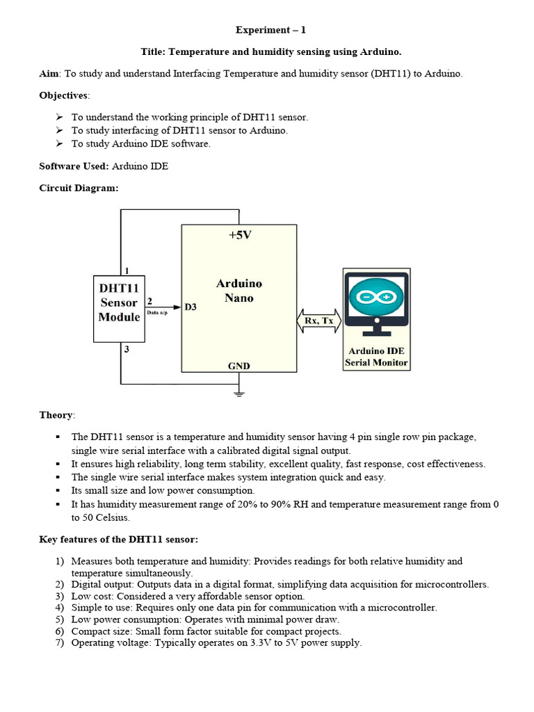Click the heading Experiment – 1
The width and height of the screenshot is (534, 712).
270,30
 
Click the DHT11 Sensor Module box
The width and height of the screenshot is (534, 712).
119,302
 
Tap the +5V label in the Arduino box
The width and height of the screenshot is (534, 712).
239,235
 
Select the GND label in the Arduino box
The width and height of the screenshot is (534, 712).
239,366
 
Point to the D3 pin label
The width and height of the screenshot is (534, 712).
190,307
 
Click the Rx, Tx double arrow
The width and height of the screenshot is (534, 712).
319,321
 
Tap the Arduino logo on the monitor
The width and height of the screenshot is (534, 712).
375,297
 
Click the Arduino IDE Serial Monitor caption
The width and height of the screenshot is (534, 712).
376,357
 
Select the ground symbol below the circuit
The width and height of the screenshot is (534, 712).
239,393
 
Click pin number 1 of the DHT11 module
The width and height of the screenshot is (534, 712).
127,270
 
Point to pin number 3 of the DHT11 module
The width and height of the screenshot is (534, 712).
127,350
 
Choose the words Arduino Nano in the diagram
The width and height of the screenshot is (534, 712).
239,291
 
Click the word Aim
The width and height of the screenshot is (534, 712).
49,74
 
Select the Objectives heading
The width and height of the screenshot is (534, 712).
64,95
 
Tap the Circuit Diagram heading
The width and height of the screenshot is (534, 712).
79,188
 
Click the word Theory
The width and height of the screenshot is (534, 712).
56,415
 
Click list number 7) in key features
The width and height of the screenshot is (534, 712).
60,642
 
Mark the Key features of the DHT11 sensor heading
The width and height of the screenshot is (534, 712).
119,539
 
